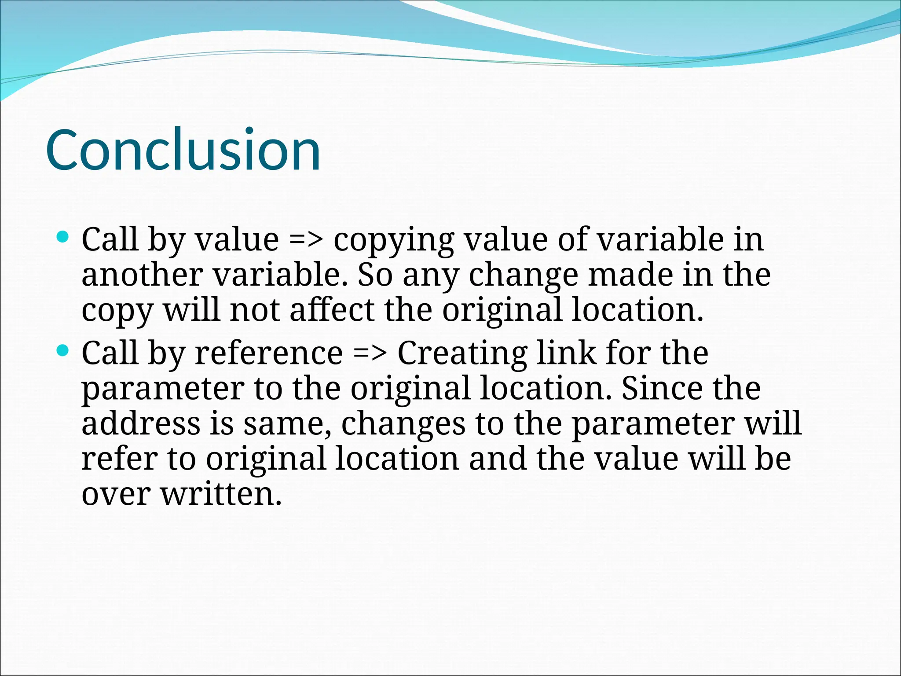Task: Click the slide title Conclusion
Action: pos(183,150)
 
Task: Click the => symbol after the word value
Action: pos(306,240)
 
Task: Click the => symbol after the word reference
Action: pos(370,353)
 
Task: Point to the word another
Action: pos(142,275)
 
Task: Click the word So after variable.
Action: pos(375,275)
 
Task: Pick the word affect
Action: pos(332,310)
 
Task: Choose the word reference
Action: pos(268,353)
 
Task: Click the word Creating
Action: pos(462,354)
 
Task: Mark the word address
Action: pos(141,423)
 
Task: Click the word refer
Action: pos(119,459)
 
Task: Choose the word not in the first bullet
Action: pos(254,310)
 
